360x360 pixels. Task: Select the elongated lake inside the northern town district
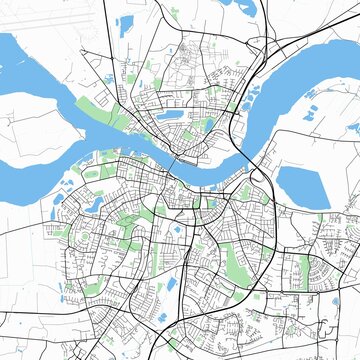[x=165, y=116]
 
